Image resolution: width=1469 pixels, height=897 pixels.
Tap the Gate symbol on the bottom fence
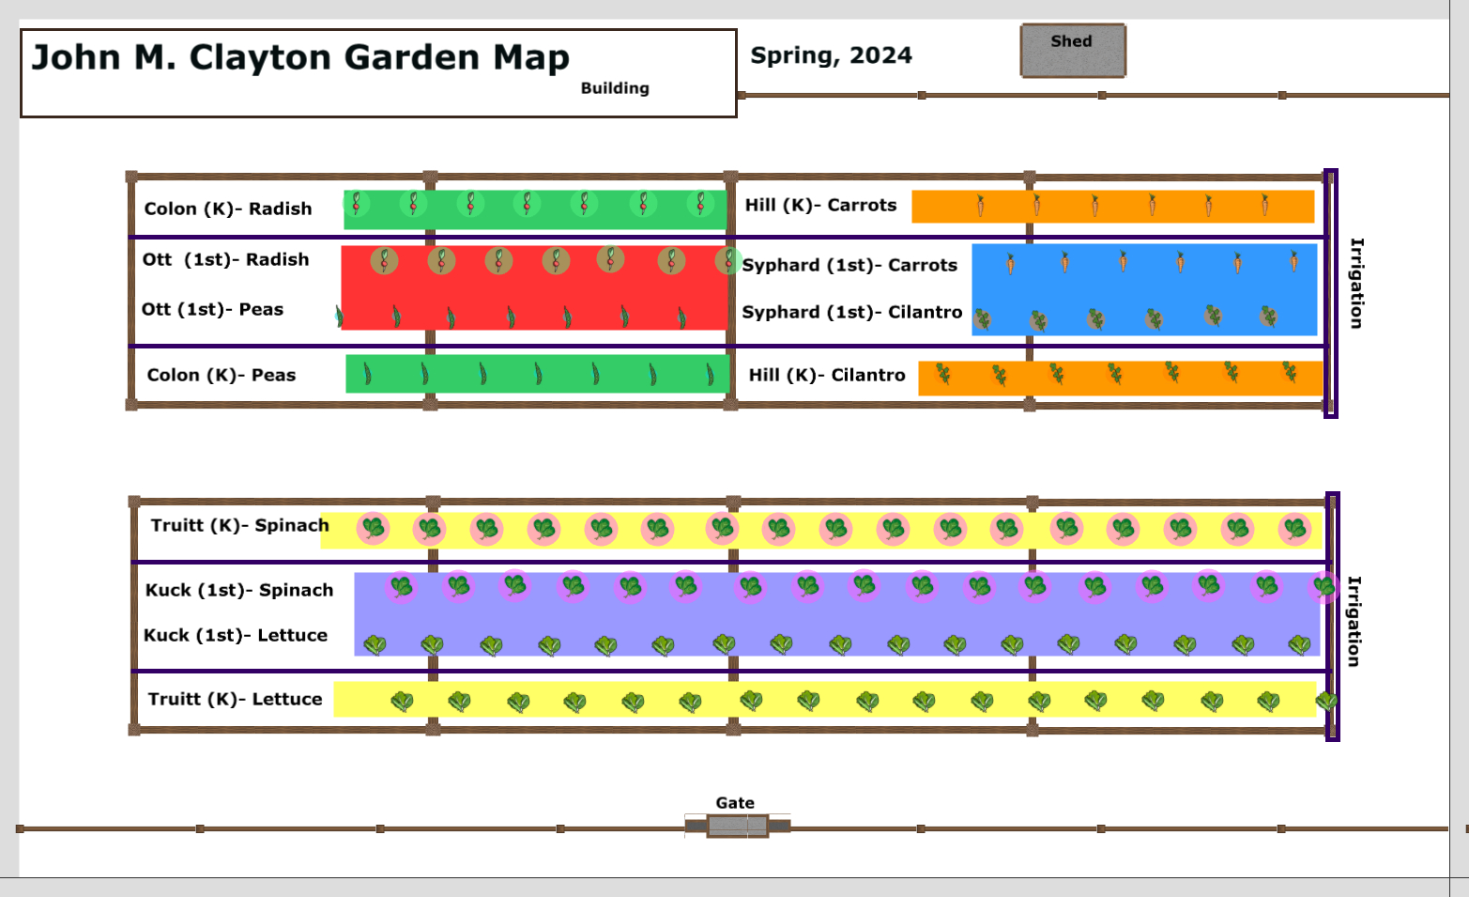tap(737, 826)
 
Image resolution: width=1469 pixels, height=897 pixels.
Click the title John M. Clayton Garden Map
tap(300, 57)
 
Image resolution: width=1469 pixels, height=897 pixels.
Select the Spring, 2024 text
tap(831, 55)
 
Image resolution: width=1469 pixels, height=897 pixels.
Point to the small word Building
tap(615, 88)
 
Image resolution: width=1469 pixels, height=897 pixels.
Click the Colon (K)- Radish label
tap(228, 209)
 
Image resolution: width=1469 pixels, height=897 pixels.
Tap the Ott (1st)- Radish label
tap(225, 259)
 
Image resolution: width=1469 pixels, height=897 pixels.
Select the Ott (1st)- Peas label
tap(212, 309)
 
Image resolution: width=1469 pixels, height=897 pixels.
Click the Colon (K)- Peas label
tap(222, 375)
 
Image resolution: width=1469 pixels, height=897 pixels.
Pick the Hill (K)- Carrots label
tap(820, 205)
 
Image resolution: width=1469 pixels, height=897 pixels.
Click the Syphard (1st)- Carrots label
tap(849, 265)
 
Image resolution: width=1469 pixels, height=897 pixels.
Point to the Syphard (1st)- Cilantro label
tap(851, 312)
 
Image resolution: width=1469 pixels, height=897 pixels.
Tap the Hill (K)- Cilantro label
tap(827, 375)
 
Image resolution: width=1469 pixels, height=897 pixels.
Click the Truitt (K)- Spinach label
tap(239, 525)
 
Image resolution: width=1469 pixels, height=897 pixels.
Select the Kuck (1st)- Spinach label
tap(239, 590)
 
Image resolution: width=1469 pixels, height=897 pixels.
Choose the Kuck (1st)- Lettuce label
tap(236, 635)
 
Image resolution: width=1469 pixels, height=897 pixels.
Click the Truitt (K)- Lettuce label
tap(235, 699)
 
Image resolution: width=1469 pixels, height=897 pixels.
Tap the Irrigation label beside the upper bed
tap(1356, 283)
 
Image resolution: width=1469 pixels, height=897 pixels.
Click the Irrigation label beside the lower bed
tap(1354, 621)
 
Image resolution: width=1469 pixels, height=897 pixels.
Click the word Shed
tap(1071, 41)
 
